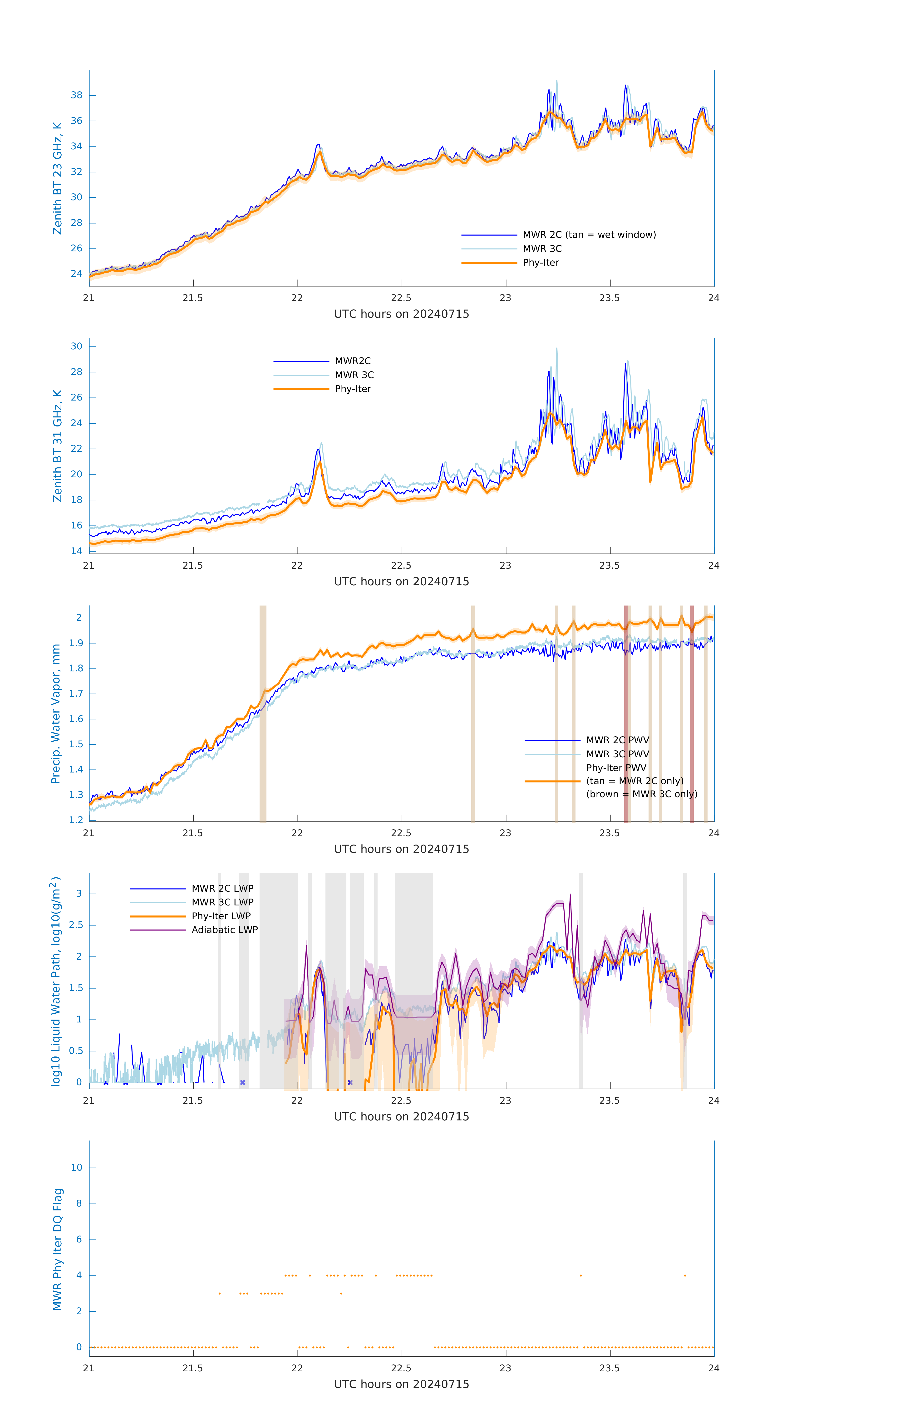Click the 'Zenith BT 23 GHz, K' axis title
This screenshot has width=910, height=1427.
coord(58,178)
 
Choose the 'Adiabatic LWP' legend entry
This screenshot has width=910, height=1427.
coord(225,930)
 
